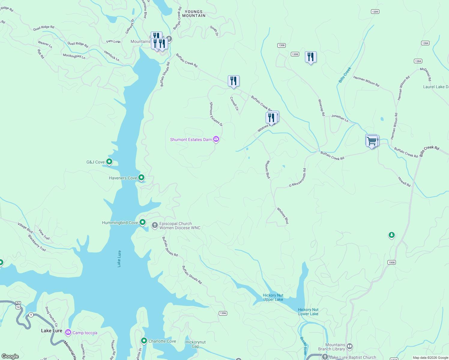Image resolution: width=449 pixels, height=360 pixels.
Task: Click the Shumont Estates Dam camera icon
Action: pos(216,139)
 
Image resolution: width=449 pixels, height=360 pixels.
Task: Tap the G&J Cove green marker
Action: pos(109,162)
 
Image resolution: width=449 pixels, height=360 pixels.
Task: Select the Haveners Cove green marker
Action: pos(141,178)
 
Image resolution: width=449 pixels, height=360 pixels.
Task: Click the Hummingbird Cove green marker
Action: pos(143,222)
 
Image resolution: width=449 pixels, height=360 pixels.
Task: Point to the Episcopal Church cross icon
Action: pos(155,225)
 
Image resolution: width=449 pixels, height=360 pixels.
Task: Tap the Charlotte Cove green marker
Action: pos(144,341)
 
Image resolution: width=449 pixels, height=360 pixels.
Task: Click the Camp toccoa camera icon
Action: pos(68,332)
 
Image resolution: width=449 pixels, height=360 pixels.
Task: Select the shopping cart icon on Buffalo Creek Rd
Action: pos(372,141)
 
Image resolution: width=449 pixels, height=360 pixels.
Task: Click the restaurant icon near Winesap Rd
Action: pos(311,57)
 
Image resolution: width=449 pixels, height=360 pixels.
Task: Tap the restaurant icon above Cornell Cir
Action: pos(234,81)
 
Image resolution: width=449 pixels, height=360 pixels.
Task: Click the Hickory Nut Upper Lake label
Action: pos(273,297)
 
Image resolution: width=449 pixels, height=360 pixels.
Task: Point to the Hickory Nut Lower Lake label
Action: pos(308,312)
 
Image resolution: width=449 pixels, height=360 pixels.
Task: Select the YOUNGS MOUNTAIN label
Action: pos(194,14)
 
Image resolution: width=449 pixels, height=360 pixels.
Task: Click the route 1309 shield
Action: pos(375,12)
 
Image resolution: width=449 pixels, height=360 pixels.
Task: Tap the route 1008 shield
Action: pos(391,262)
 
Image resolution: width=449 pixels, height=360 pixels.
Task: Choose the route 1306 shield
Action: pos(223,313)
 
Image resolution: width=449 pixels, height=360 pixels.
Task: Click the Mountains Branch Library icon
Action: pos(350,346)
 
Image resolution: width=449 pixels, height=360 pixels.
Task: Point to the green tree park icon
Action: pos(391,235)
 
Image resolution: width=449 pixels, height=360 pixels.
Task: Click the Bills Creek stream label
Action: pos(345,75)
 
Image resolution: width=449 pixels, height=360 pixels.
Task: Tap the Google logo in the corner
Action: pos(10,356)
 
